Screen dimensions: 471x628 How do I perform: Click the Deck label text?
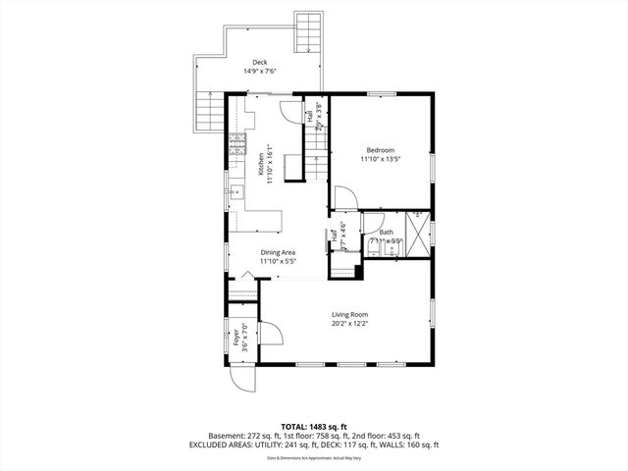click(x=260, y=62)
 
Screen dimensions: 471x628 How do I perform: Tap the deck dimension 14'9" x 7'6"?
click(x=260, y=71)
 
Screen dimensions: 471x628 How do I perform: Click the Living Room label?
click(x=349, y=314)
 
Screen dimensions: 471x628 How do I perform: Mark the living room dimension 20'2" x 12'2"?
click(x=349, y=323)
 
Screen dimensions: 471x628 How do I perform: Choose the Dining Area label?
click(x=278, y=252)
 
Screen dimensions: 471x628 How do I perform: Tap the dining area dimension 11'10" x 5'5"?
click(x=278, y=261)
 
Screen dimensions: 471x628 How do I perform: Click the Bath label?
click(x=386, y=233)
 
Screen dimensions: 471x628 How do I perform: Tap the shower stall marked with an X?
click(x=418, y=234)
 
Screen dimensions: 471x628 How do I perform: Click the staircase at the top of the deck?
click(x=308, y=30)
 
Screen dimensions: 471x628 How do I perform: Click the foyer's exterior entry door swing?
click(x=242, y=377)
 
